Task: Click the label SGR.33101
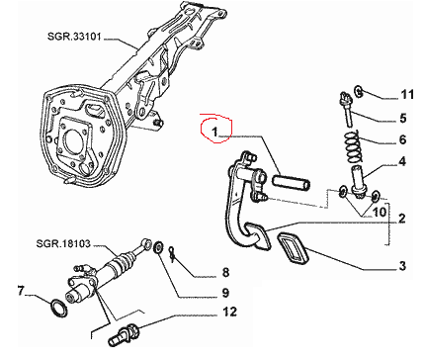pyautogui.click(x=74, y=36)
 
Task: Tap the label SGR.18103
pyautogui.click(x=63, y=243)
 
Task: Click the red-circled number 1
pyautogui.click(x=214, y=132)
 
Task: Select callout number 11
pyautogui.click(x=407, y=95)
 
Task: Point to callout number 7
pyautogui.click(x=21, y=291)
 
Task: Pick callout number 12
pyautogui.click(x=229, y=312)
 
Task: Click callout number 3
pyautogui.click(x=402, y=266)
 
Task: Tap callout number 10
pyautogui.click(x=379, y=212)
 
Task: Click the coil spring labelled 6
pyautogui.click(x=353, y=146)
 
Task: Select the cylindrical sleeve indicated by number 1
pyautogui.click(x=292, y=183)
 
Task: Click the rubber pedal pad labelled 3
pyautogui.click(x=293, y=248)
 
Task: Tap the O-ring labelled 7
pyautogui.click(x=59, y=309)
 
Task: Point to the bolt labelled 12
pyautogui.click(x=124, y=335)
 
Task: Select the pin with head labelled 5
pyautogui.click(x=347, y=109)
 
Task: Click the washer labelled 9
pyautogui.click(x=158, y=247)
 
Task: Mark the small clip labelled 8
pyautogui.click(x=172, y=254)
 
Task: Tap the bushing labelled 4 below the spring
pyautogui.click(x=357, y=182)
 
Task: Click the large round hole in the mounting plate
pyautogui.click(x=72, y=139)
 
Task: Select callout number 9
pyautogui.click(x=225, y=293)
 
